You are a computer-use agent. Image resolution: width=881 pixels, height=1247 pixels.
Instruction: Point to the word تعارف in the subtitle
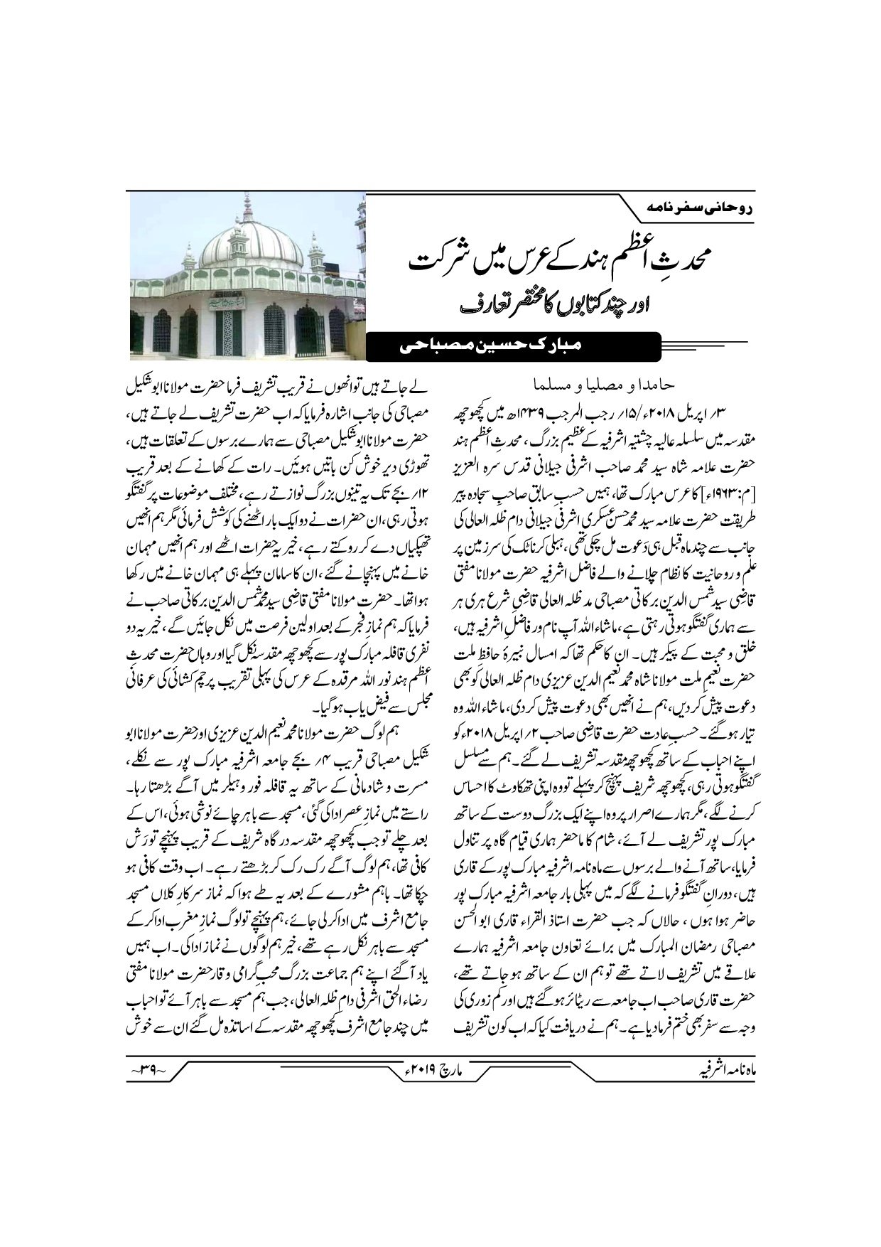click(x=442, y=307)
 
